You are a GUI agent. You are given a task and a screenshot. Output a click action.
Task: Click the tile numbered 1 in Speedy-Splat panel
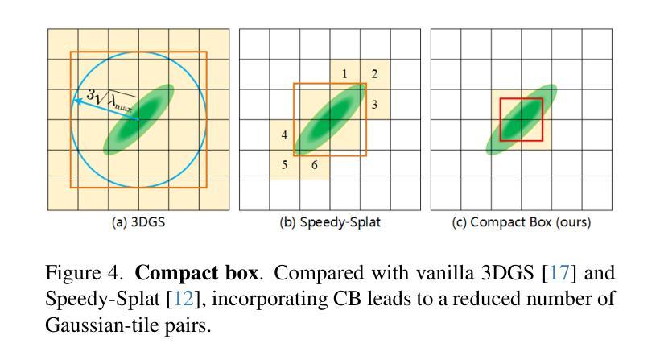[344, 75]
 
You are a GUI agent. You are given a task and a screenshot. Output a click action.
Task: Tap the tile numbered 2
[375, 75]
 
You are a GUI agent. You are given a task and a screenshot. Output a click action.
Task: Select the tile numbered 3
[375, 105]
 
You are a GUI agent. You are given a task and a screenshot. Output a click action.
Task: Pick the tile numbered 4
[284, 134]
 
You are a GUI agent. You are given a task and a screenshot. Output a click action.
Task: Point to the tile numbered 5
[284, 165]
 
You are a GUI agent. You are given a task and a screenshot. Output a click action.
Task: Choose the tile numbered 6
[314, 165]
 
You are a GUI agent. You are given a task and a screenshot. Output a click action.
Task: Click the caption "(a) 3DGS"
[138, 222]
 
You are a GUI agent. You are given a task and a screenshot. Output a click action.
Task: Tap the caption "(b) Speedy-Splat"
[330, 222]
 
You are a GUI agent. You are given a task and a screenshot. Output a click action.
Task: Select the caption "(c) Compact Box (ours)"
[522, 222]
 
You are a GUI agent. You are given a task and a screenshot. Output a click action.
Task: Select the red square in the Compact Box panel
[522, 119]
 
